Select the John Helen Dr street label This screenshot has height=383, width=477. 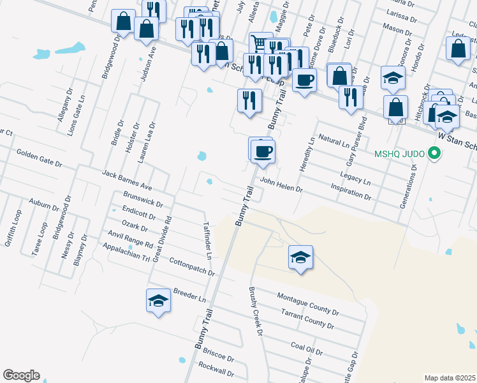(x=281, y=184)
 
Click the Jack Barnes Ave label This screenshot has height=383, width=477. (x=128, y=181)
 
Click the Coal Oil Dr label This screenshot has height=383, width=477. (x=307, y=349)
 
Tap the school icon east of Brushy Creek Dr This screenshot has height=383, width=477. (x=300, y=258)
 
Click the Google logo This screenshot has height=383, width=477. (x=21, y=375)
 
